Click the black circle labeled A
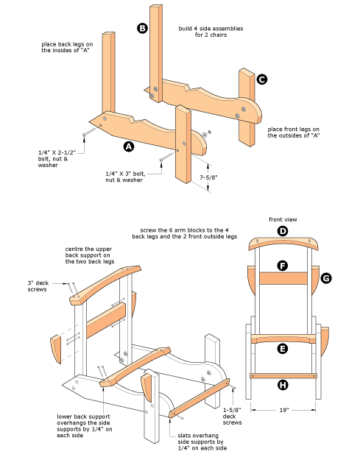click(129, 146)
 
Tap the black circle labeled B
click(142, 28)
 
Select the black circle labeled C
click(262, 79)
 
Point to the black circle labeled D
click(283, 231)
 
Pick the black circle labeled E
click(283, 349)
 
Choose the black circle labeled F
click(283, 266)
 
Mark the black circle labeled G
click(326, 278)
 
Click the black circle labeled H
click(283, 385)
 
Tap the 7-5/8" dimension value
click(208, 177)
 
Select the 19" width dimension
click(283, 410)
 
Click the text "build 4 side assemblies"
click(211, 29)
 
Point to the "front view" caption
click(283, 219)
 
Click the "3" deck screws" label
click(38, 286)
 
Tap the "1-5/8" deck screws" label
click(233, 417)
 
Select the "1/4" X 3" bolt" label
click(125, 174)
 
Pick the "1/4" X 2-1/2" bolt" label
click(57, 152)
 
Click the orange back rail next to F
click(283, 278)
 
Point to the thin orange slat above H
click(283, 376)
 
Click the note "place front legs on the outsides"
click(294, 132)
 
